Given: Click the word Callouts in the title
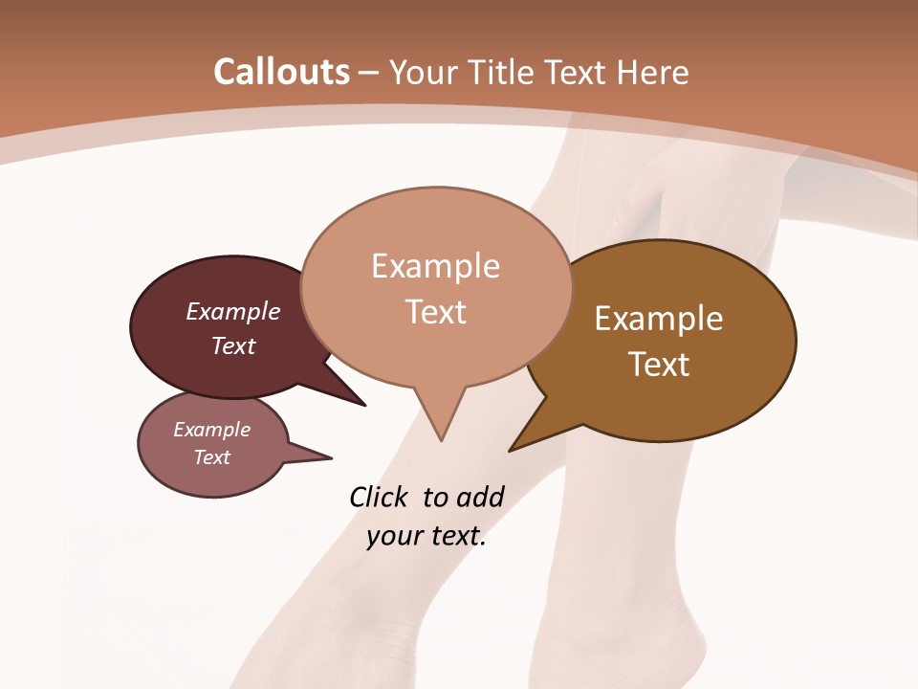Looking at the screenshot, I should coord(281,72).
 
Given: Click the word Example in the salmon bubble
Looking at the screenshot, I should coord(435,266).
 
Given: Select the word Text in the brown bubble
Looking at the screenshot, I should coord(659,365).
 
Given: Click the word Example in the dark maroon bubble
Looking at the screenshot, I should coord(232,312).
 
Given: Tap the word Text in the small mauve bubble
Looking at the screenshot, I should coord(211,457).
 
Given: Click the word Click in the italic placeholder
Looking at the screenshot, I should coord(379,497).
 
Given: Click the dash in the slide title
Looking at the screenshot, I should coord(370,73).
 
